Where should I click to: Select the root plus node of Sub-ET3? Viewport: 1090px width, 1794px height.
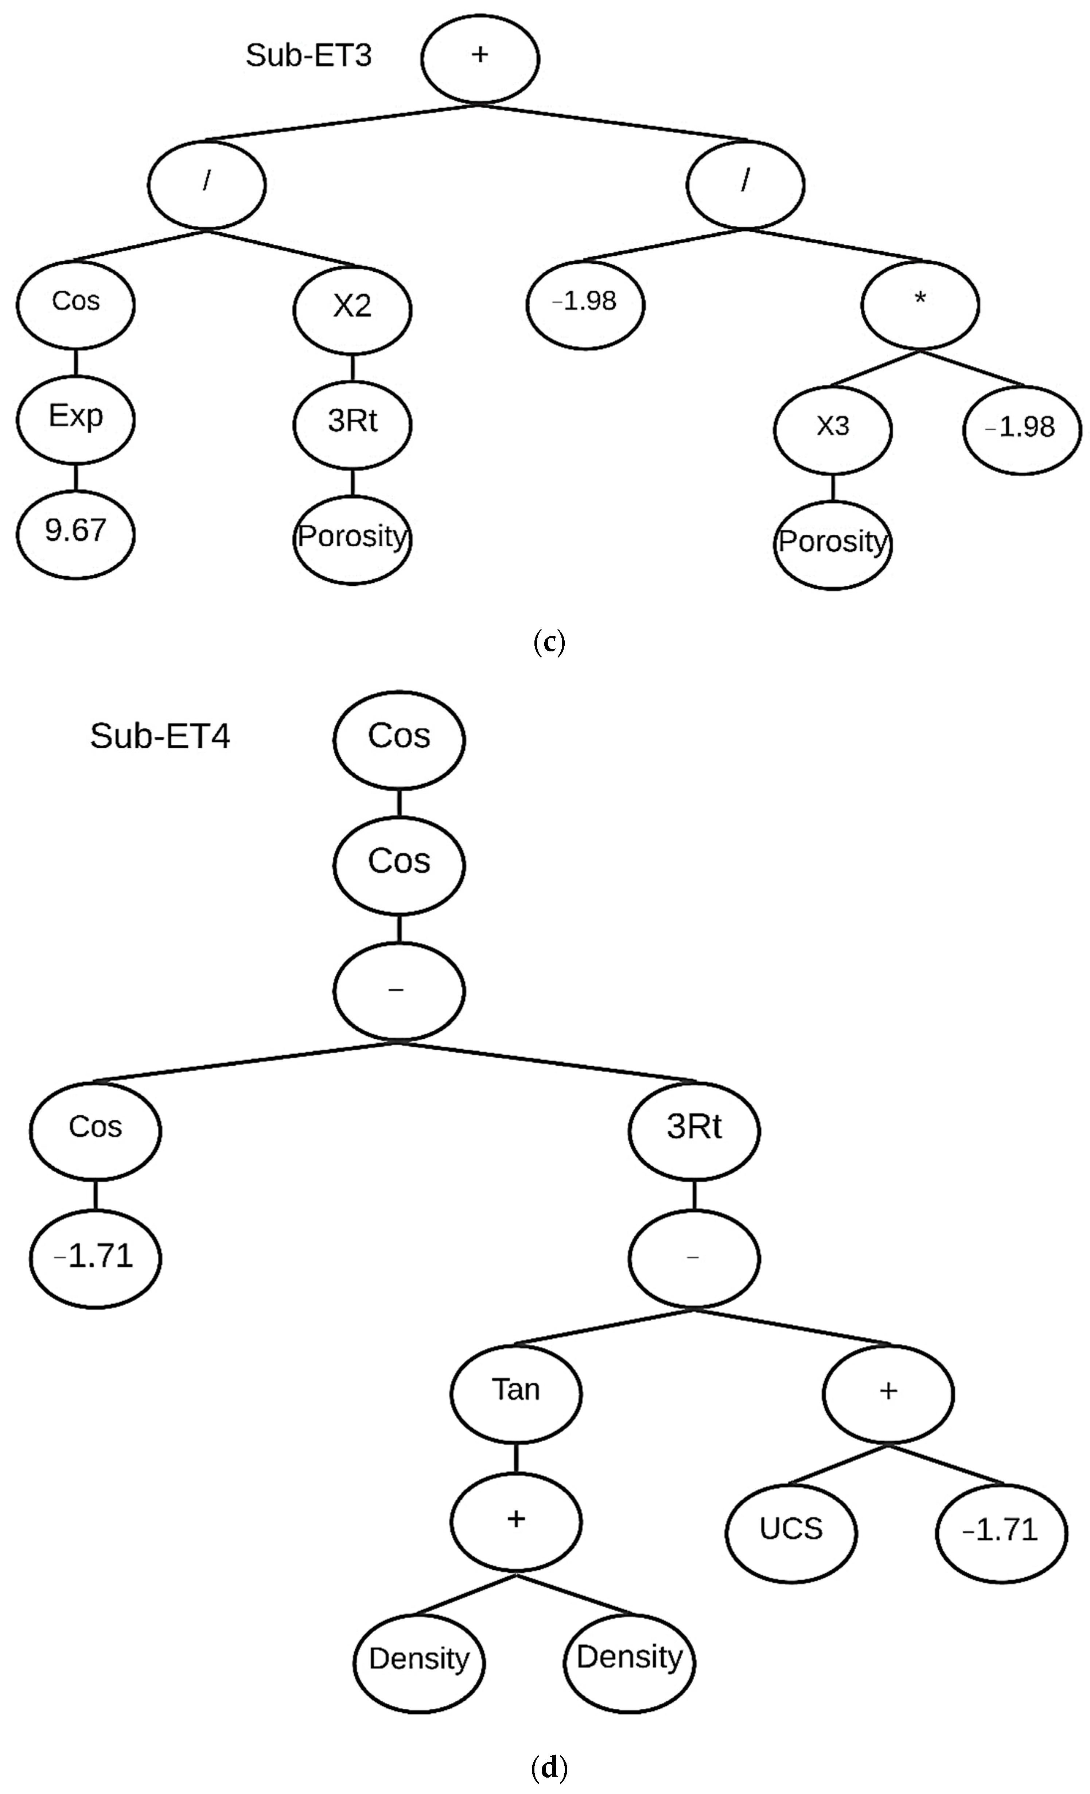479,58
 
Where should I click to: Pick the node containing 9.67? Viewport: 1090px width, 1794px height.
76,532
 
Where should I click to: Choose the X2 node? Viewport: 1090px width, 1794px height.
352,308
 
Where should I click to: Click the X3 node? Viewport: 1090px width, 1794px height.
832,428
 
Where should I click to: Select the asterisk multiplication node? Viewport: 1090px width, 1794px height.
920,303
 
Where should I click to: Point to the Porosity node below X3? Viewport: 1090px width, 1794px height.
832,543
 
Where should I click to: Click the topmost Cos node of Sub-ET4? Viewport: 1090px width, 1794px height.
399,737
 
